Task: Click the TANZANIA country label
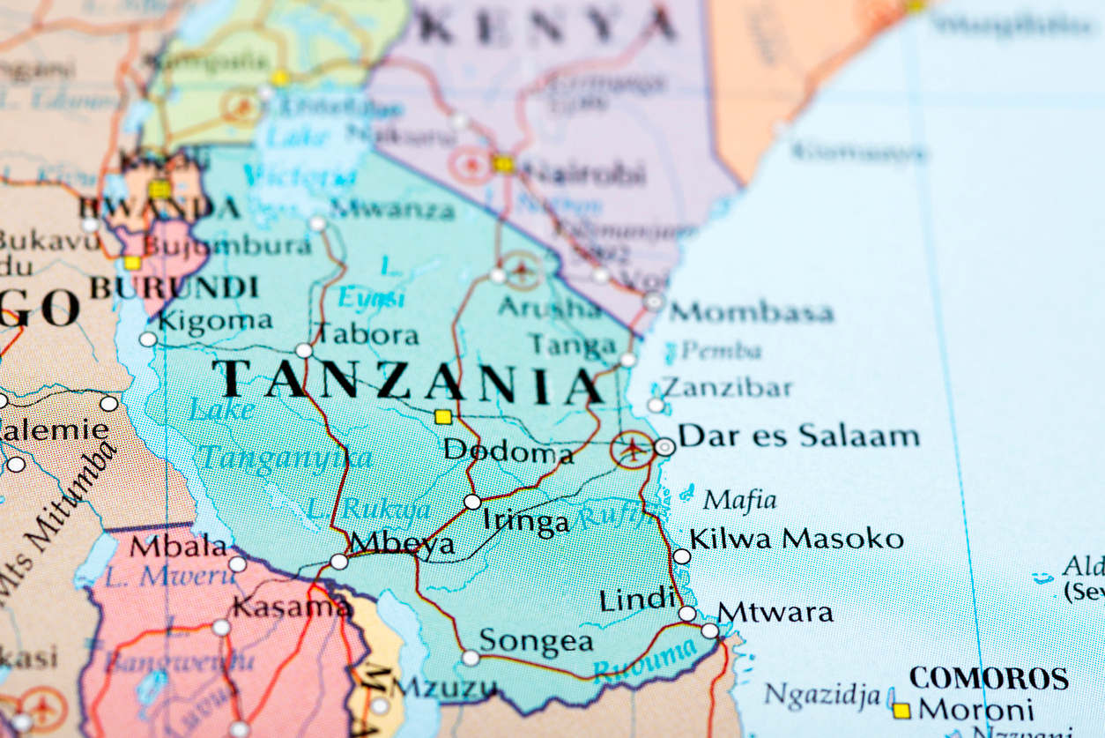408,382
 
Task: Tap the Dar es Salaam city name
799,436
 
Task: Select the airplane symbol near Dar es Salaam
632,449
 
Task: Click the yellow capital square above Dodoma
443,417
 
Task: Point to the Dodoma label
508,451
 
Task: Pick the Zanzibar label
727,387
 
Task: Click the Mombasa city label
752,312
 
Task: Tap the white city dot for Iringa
472,502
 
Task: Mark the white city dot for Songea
471,658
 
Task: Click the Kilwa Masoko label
797,539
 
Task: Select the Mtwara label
775,612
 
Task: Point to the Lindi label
636,600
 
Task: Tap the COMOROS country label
989,678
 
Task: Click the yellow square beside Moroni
901,710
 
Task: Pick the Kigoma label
215,321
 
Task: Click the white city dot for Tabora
304,350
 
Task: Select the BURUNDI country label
174,287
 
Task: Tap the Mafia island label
739,501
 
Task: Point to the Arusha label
550,307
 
